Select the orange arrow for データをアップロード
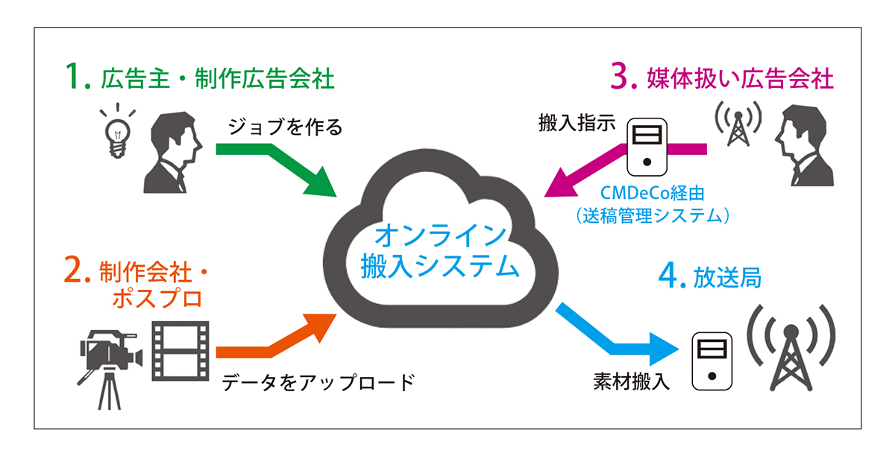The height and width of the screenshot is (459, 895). pos(268,343)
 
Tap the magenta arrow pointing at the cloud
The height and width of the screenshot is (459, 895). pos(597,168)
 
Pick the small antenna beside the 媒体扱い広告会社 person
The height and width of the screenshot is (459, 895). pos(738,124)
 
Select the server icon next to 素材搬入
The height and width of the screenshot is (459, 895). pos(712,361)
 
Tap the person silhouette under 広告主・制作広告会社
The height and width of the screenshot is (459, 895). pos(171,154)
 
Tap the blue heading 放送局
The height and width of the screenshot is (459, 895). pos(730,278)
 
